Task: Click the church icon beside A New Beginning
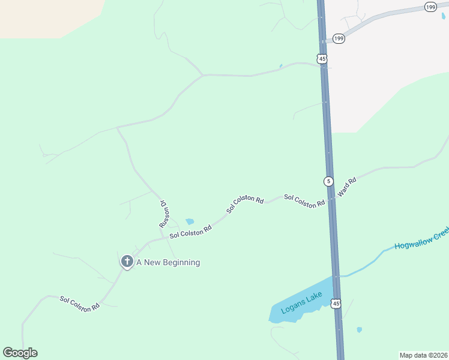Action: point(127,262)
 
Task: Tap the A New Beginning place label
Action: point(168,262)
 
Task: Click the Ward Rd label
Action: point(347,187)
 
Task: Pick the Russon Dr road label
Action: point(163,214)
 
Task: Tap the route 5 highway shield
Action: point(328,181)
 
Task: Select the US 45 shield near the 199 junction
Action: point(322,58)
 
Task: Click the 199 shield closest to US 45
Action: point(339,39)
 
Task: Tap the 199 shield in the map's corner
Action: point(430,7)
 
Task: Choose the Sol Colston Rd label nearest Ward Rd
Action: point(304,200)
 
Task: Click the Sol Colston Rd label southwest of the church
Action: point(79,303)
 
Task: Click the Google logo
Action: point(20,353)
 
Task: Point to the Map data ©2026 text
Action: point(423,355)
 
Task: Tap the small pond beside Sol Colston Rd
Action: point(190,221)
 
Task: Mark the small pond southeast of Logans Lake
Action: point(359,329)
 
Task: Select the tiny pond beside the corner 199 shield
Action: point(443,16)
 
